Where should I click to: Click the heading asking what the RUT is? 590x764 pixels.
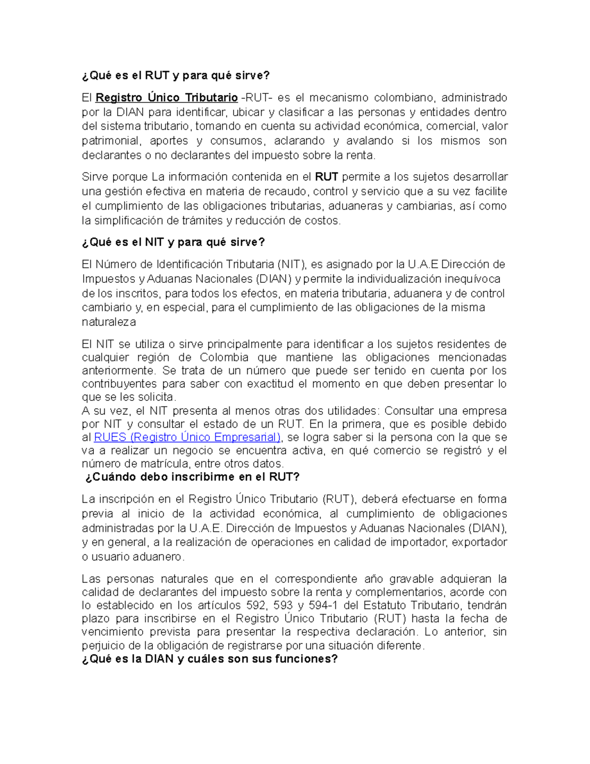click(176, 75)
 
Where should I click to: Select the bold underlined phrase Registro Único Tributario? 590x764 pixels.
click(167, 98)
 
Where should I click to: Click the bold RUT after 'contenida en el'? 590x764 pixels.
click(326, 177)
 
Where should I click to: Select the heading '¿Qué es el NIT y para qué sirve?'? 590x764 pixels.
click(173, 242)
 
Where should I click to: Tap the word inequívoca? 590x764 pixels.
click(472, 279)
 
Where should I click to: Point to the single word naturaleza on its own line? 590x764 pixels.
click(109, 323)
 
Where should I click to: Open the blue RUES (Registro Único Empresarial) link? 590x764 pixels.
click(187, 437)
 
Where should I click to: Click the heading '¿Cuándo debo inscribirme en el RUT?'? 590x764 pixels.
click(192, 477)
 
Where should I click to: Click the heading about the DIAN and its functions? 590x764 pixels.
click(210, 659)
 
